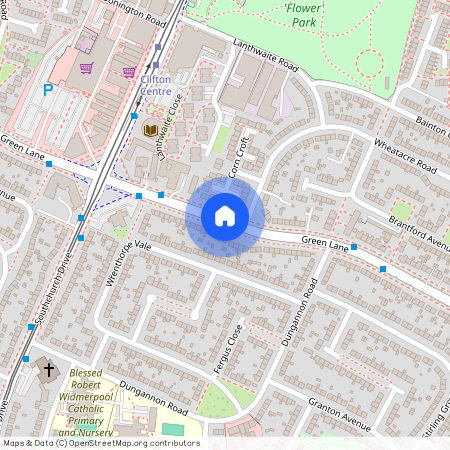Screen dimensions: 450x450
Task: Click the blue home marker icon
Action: tap(225, 216)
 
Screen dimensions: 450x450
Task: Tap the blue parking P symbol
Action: tap(48, 90)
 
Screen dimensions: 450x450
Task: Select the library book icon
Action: tap(150, 131)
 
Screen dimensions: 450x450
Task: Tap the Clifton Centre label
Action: tap(155, 85)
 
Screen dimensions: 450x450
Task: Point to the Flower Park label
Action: tap(303, 14)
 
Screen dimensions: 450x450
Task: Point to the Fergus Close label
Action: tap(227, 350)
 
